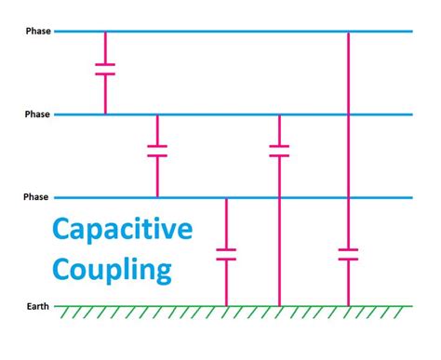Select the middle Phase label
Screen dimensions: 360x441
(x=39, y=114)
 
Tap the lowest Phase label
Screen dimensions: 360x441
(x=39, y=197)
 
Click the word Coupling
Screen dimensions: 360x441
(x=112, y=270)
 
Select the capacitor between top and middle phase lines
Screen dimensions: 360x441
(x=105, y=69)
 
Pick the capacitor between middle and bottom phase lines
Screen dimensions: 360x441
(x=157, y=151)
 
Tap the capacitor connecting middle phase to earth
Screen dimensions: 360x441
(x=279, y=150)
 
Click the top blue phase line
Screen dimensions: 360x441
(x=233, y=32)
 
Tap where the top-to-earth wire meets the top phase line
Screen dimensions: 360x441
(x=348, y=32)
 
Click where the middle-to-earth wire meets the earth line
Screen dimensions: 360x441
(x=279, y=305)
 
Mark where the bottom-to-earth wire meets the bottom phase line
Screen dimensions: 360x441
(x=226, y=197)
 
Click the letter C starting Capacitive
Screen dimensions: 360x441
(x=61, y=230)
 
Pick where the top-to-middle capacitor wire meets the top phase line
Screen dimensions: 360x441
(x=105, y=32)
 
